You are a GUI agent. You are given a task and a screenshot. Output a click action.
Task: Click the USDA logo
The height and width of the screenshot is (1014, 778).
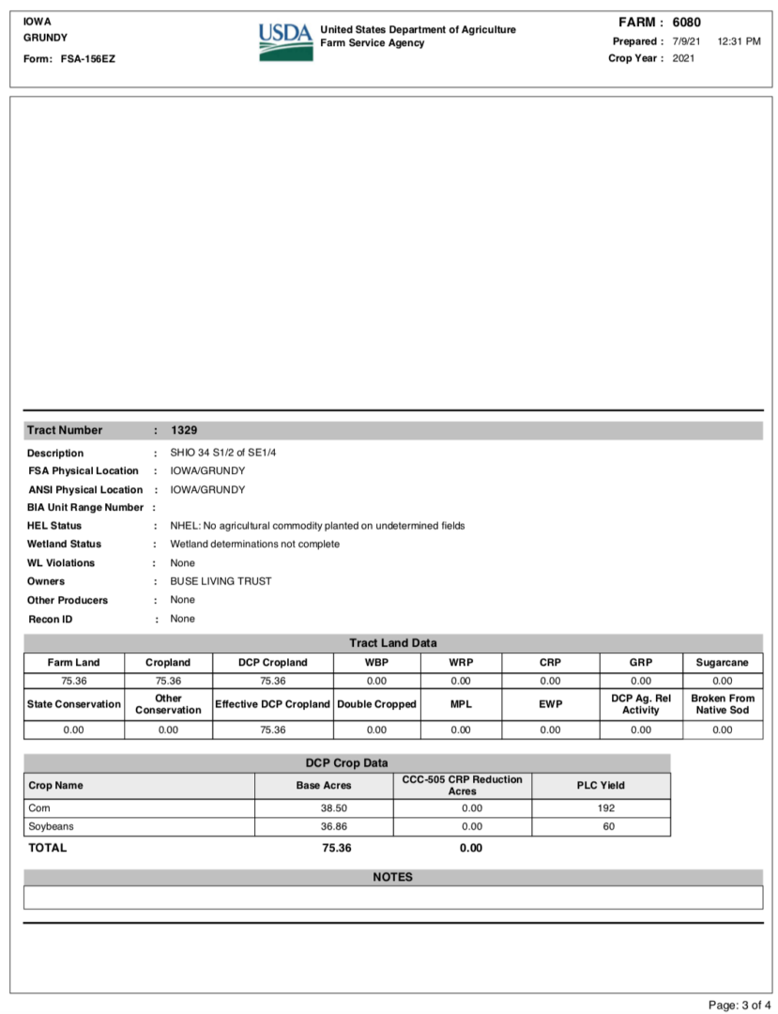pos(285,42)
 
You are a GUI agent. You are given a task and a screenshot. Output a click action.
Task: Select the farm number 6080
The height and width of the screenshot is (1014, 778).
pos(686,23)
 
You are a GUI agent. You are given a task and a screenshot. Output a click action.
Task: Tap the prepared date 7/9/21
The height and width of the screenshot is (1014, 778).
pos(686,41)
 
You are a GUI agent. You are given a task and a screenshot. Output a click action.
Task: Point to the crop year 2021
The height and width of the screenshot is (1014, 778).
pos(684,58)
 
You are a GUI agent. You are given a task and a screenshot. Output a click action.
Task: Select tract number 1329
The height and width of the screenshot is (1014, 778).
pos(184,430)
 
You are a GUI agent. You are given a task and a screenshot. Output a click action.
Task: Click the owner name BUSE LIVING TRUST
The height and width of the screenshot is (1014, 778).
pos(221,581)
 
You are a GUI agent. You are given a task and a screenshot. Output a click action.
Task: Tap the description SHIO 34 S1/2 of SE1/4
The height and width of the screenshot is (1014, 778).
pos(223,453)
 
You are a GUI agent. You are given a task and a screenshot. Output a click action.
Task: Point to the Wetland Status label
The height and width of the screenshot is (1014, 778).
pos(64,544)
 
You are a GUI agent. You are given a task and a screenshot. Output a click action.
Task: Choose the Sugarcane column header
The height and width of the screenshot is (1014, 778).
pos(722,663)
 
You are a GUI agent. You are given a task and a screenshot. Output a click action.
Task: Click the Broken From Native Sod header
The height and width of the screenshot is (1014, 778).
pos(722,704)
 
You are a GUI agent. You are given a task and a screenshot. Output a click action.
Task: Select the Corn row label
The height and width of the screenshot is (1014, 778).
pos(39,808)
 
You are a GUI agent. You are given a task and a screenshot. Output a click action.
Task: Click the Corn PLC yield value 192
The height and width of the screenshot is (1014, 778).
pos(605,808)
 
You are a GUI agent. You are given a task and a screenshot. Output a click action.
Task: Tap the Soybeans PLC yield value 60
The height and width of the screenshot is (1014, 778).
pos(605,827)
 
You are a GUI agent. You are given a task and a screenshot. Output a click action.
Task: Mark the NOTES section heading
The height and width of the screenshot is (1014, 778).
pos(392,877)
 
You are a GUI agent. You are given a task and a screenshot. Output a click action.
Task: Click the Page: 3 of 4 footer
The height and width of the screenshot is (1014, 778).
pos(739,1005)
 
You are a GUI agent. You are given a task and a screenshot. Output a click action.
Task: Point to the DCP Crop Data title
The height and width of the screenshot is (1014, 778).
pos(346,762)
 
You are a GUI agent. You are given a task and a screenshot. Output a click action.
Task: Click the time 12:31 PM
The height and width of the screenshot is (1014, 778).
pos(738,41)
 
